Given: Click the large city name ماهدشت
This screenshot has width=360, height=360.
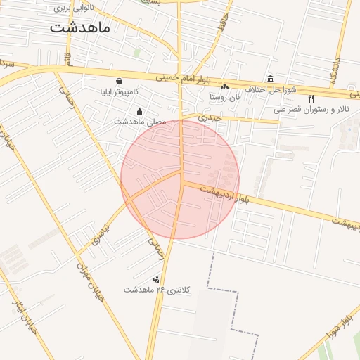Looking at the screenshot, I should (x=79, y=28).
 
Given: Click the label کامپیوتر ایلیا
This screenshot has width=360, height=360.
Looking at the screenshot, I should (x=117, y=92).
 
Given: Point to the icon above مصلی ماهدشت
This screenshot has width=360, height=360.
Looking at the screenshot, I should (x=139, y=110).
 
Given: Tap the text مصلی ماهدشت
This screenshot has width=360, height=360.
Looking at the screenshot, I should (x=139, y=122).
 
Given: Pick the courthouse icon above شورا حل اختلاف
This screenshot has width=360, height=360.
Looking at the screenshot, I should (x=271, y=78).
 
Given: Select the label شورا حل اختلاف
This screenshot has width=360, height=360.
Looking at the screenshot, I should (x=274, y=89).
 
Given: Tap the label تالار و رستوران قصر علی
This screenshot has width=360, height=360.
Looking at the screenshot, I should (x=311, y=110).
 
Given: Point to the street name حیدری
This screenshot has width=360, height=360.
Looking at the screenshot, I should (x=210, y=117).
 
